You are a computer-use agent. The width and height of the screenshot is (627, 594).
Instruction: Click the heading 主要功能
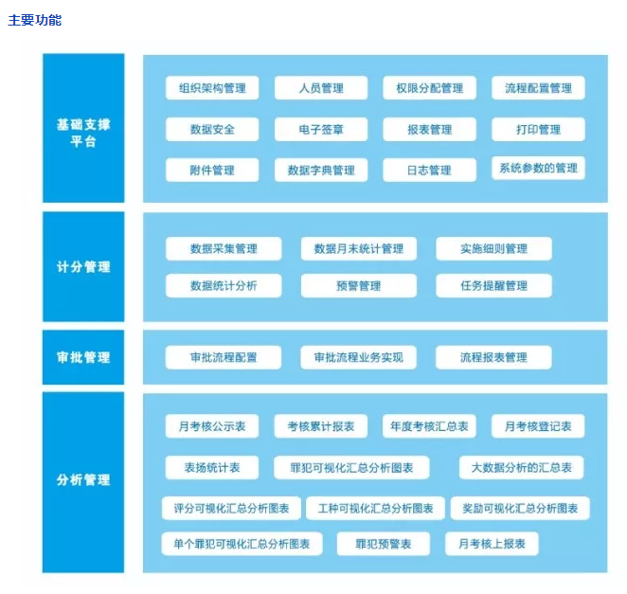click(35, 20)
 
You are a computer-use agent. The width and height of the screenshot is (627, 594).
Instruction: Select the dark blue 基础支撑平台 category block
click(83, 128)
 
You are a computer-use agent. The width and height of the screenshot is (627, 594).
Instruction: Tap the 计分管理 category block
click(83, 266)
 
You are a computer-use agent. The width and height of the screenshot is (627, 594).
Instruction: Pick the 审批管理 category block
click(83, 357)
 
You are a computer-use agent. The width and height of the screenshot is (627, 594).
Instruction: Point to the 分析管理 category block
click(83, 482)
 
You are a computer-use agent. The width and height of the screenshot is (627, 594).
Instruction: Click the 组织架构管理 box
click(212, 87)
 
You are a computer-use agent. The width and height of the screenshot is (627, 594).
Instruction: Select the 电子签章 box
click(321, 129)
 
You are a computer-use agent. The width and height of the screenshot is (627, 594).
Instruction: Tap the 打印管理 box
click(538, 129)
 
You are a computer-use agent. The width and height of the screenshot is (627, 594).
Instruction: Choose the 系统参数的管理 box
click(538, 168)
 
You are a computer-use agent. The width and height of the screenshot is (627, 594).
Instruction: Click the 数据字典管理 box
click(321, 170)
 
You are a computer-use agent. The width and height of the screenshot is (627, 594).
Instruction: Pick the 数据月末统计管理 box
click(359, 249)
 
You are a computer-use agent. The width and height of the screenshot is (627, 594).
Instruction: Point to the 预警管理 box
click(359, 285)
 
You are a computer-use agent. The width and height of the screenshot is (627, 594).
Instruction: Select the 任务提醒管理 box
click(493, 285)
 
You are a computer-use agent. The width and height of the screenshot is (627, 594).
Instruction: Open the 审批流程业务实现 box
click(359, 357)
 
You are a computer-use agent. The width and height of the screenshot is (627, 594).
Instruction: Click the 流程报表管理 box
click(493, 357)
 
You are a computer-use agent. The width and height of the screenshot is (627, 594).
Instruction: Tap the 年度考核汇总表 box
click(429, 426)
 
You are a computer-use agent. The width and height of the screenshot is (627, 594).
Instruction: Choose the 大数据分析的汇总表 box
click(522, 467)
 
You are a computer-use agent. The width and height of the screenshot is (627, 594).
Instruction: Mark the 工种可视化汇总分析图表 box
click(375, 508)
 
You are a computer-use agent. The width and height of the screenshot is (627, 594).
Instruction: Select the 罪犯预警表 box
click(384, 544)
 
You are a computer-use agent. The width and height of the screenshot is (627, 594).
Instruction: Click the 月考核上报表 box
click(492, 544)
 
